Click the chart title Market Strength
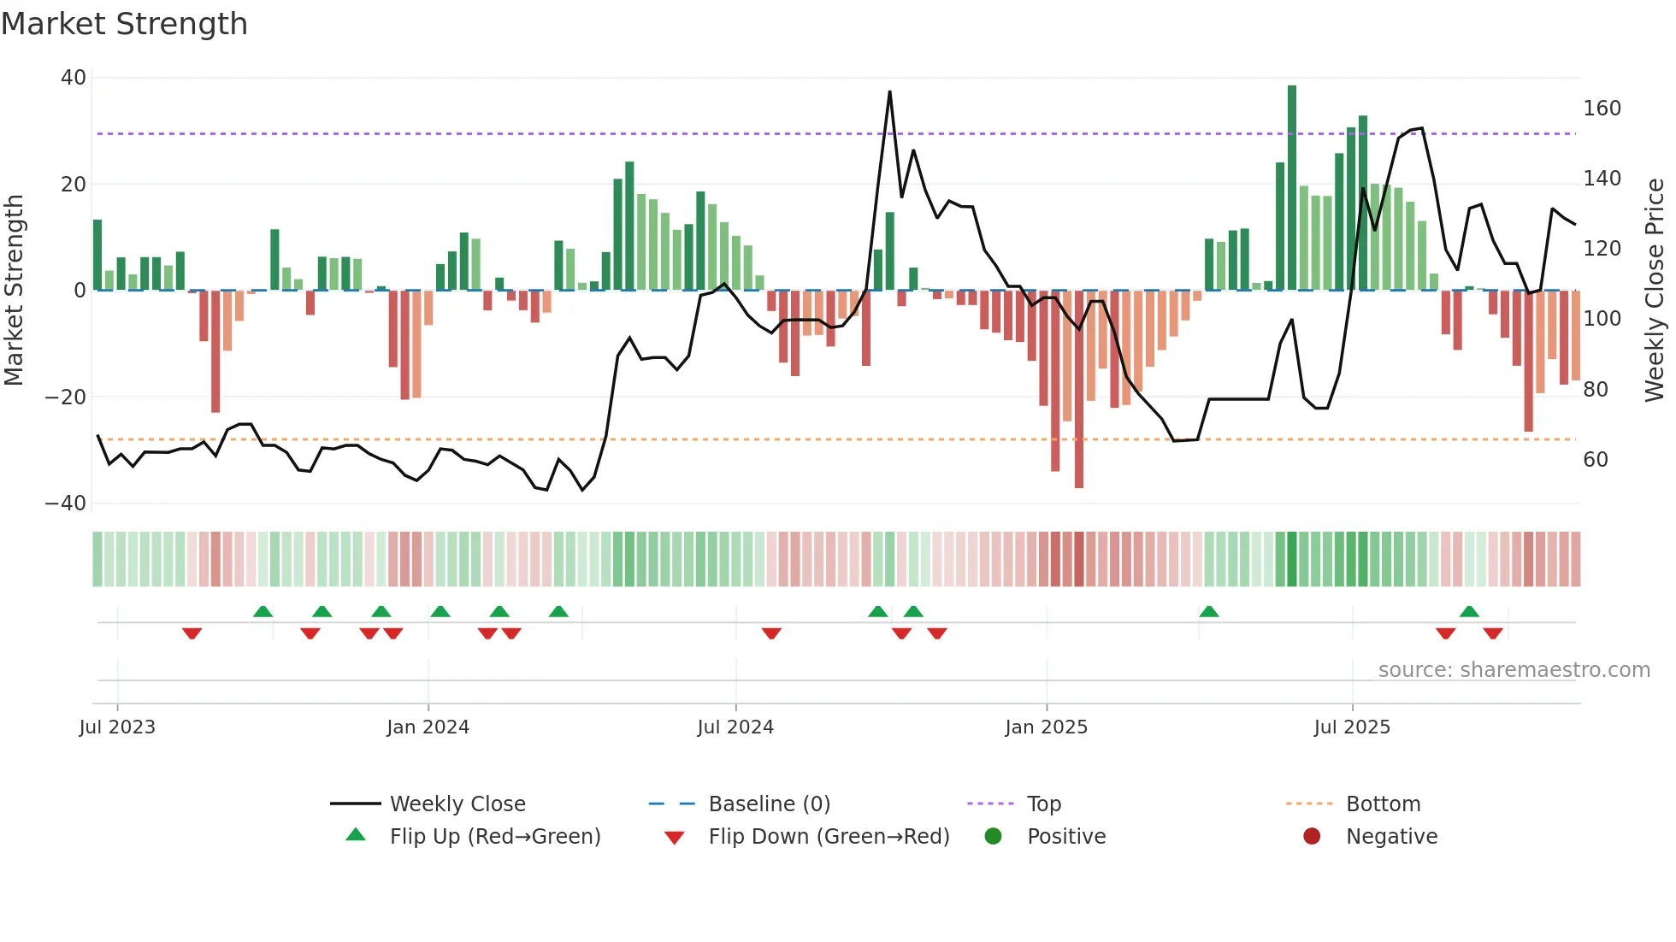pyautogui.click(x=124, y=24)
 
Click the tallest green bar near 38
pyautogui.click(x=1292, y=188)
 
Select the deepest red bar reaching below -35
pyautogui.click(x=1079, y=389)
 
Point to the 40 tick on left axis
pyautogui.click(x=74, y=78)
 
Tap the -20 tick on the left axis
pyautogui.click(x=66, y=397)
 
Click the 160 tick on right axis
pyautogui.click(x=1602, y=109)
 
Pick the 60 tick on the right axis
pyautogui.click(x=1596, y=460)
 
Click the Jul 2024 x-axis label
pyautogui.click(x=735, y=727)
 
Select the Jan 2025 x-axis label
pyautogui.click(x=1046, y=727)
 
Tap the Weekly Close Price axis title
pyautogui.click(x=1655, y=291)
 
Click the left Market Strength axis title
pyautogui.click(x=15, y=291)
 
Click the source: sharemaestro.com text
pyautogui.click(x=1514, y=670)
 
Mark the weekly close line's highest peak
pyautogui.click(x=889, y=92)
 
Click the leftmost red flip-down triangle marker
pyautogui.click(x=192, y=633)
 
